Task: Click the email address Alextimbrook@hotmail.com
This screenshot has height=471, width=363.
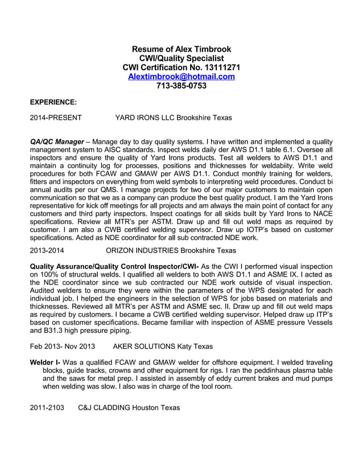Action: click(x=181, y=77)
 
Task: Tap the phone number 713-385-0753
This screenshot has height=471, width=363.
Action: click(x=181, y=86)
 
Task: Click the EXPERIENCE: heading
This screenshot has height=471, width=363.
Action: click(x=53, y=102)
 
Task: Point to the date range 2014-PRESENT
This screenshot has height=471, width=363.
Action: click(x=55, y=118)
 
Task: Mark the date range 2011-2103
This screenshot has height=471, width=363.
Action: click(x=47, y=408)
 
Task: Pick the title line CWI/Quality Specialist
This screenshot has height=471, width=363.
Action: click(x=181, y=59)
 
